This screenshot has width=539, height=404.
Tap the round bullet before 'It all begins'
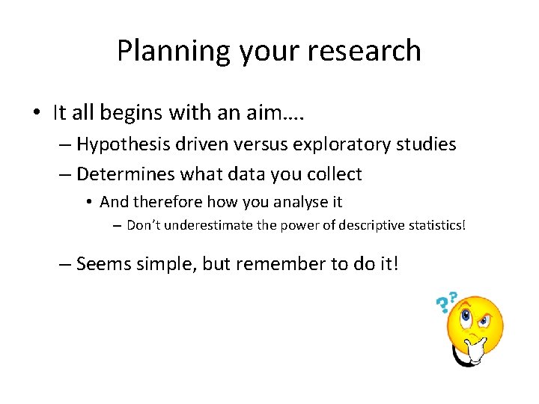36,114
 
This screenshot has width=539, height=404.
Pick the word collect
336,174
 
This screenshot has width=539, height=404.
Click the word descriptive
362,225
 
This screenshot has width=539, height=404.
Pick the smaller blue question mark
454,297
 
